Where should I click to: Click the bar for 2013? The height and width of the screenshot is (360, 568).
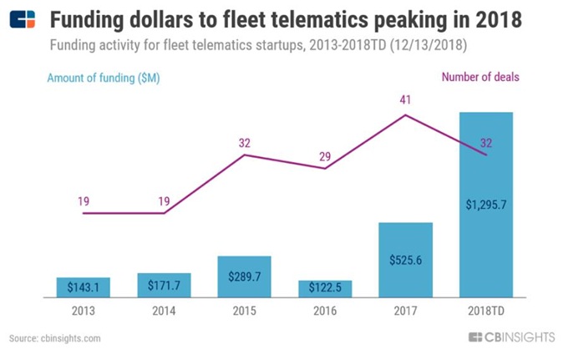[x=84, y=286]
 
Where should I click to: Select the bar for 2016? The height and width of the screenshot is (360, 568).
[x=325, y=288]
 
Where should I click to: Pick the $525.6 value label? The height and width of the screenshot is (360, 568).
[x=405, y=260]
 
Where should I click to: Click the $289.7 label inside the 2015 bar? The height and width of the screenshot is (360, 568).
[x=244, y=276]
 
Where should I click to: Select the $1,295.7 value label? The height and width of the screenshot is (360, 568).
[x=485, y=204]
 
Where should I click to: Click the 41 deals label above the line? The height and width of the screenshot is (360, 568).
[x=405, y=99]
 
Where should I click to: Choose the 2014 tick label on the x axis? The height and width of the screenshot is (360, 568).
[x=164, y=310]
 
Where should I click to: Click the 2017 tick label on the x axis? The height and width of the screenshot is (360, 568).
[x=405, y=310]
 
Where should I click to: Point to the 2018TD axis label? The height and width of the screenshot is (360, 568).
[x=485, y=310]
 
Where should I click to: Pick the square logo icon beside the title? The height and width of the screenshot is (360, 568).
[x=23, y=19]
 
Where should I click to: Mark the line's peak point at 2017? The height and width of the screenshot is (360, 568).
[x=405, y=114]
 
